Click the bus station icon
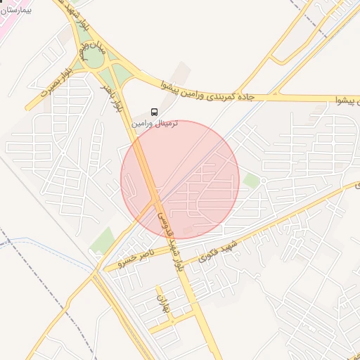point(154,111)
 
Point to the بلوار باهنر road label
point(116,96)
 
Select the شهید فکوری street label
point(219,251)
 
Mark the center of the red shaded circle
point(180,180)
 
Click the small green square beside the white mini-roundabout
point(252,181)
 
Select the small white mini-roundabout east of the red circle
point(263,181)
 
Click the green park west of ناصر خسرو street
point(103,240)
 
